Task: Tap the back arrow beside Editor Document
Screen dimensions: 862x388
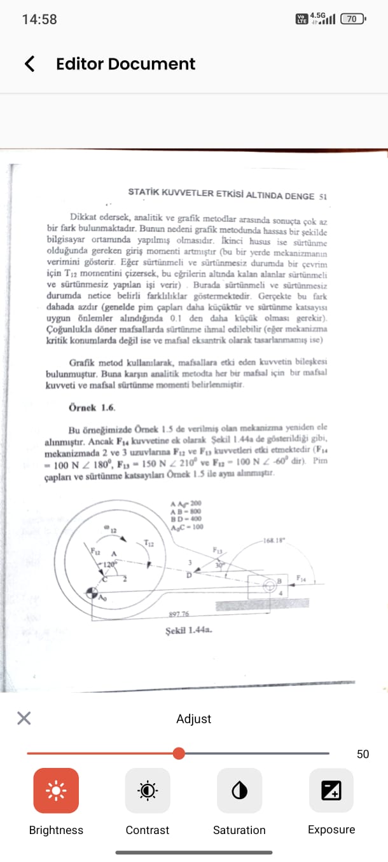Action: [x=29, y=64]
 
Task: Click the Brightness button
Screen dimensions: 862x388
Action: [x=56, y=790]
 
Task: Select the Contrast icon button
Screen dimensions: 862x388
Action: [x=148, y=790]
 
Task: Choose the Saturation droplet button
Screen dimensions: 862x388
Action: [x=239, y=790]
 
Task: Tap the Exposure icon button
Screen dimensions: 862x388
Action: [x=331, y=790]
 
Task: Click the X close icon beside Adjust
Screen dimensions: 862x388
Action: [x=24, y=718]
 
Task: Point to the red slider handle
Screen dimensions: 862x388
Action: [x=179, y=753]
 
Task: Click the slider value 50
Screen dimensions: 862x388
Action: [x=363, y=754]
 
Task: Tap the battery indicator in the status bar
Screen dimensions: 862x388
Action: [x=352, y=19]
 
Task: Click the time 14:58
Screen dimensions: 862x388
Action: [x=39, y=19]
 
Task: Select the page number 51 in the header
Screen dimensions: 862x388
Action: [x=322, y=196]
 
